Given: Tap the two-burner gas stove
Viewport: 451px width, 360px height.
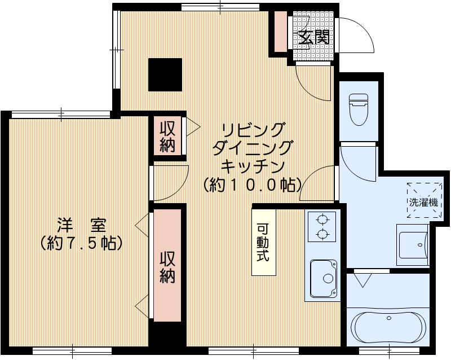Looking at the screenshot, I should click(x=322, y=227).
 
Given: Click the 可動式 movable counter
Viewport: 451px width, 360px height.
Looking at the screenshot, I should click(x=263, y=242).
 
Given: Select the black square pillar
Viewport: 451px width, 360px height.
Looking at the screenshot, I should click(x=165, y=74).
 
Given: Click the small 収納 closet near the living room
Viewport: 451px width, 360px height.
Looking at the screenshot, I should click(x=167, y=136).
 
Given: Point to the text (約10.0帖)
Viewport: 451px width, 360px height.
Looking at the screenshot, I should click(x=253, y=185).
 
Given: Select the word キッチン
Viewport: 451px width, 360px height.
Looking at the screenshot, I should click(x=252, y=166).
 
